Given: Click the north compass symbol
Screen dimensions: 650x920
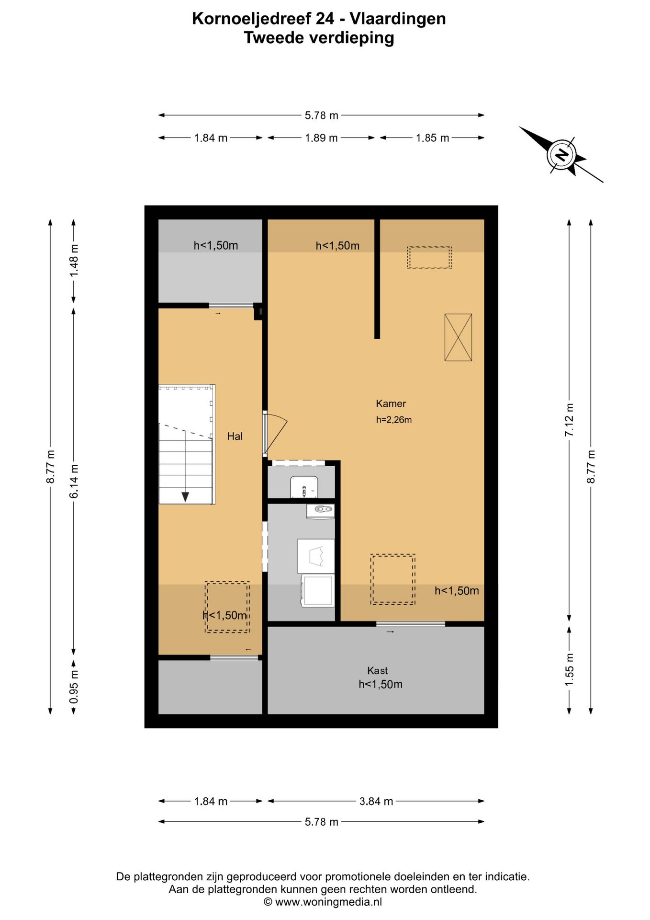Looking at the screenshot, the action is [561, 155].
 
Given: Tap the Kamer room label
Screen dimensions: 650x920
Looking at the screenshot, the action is [391, 403].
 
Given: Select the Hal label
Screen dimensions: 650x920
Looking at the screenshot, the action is [235, 436].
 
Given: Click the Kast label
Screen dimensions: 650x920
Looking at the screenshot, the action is [377, 671].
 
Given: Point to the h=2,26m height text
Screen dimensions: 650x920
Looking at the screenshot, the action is [394, 420].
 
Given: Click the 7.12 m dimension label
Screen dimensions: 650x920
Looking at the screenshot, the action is [569, 420].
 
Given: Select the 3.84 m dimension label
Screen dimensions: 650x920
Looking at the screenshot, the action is [376, 801].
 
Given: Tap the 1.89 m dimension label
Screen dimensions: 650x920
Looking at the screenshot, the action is [321, 138].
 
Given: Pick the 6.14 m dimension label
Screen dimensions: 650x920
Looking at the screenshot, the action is [74, 481].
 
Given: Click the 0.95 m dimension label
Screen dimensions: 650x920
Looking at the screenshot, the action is [74, 687].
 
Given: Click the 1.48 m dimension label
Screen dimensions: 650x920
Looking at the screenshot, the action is [74, 260].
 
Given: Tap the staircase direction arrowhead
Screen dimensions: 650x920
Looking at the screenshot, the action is [185, 497].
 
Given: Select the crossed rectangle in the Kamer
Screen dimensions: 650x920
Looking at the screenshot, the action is [458, 337].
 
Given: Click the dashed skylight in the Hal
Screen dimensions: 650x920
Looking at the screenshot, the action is [227, 607].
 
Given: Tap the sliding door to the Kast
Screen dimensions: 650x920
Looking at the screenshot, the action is [410, 624].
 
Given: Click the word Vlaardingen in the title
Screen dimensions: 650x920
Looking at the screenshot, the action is [398, 18].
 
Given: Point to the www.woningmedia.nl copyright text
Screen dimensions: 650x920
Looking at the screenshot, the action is [323, 902].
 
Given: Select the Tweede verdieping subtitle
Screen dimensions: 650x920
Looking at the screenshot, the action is [319, 37].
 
